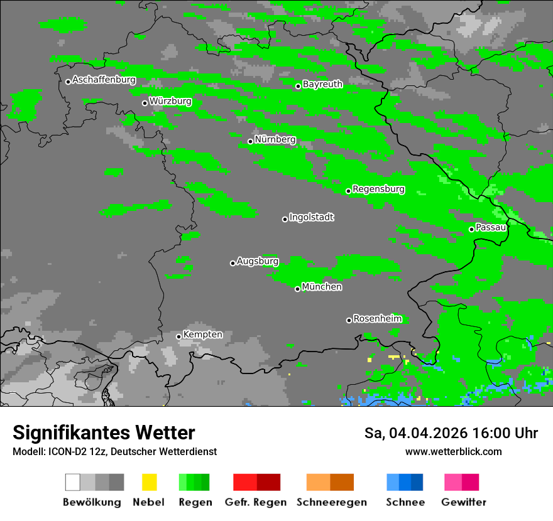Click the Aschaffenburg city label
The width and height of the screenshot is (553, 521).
[104, 80]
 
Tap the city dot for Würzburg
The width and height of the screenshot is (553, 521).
[145, 103]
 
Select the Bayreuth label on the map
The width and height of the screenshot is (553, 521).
[322, 84]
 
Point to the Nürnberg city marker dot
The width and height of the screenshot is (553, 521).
[250, 141]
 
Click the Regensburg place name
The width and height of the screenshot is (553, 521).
[378, 189]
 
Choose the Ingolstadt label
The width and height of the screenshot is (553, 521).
[311, 217]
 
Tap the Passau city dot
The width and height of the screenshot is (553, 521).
[471, 229]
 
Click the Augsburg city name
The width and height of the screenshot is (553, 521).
[258, 261]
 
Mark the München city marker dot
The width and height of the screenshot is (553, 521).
[297, 289]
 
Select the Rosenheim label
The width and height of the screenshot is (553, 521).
[377, 319]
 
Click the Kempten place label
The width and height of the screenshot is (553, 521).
[202, 335]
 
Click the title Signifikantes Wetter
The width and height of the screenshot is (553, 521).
[104, 433]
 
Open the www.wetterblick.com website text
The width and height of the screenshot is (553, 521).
[453, 452]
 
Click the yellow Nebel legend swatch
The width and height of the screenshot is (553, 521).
[149, 482]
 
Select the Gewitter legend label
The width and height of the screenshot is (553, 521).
[464, 502]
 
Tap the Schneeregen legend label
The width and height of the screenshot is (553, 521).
[332, 502]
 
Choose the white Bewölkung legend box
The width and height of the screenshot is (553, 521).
[73, 482]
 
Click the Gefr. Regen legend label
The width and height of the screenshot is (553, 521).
[256, 502]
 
